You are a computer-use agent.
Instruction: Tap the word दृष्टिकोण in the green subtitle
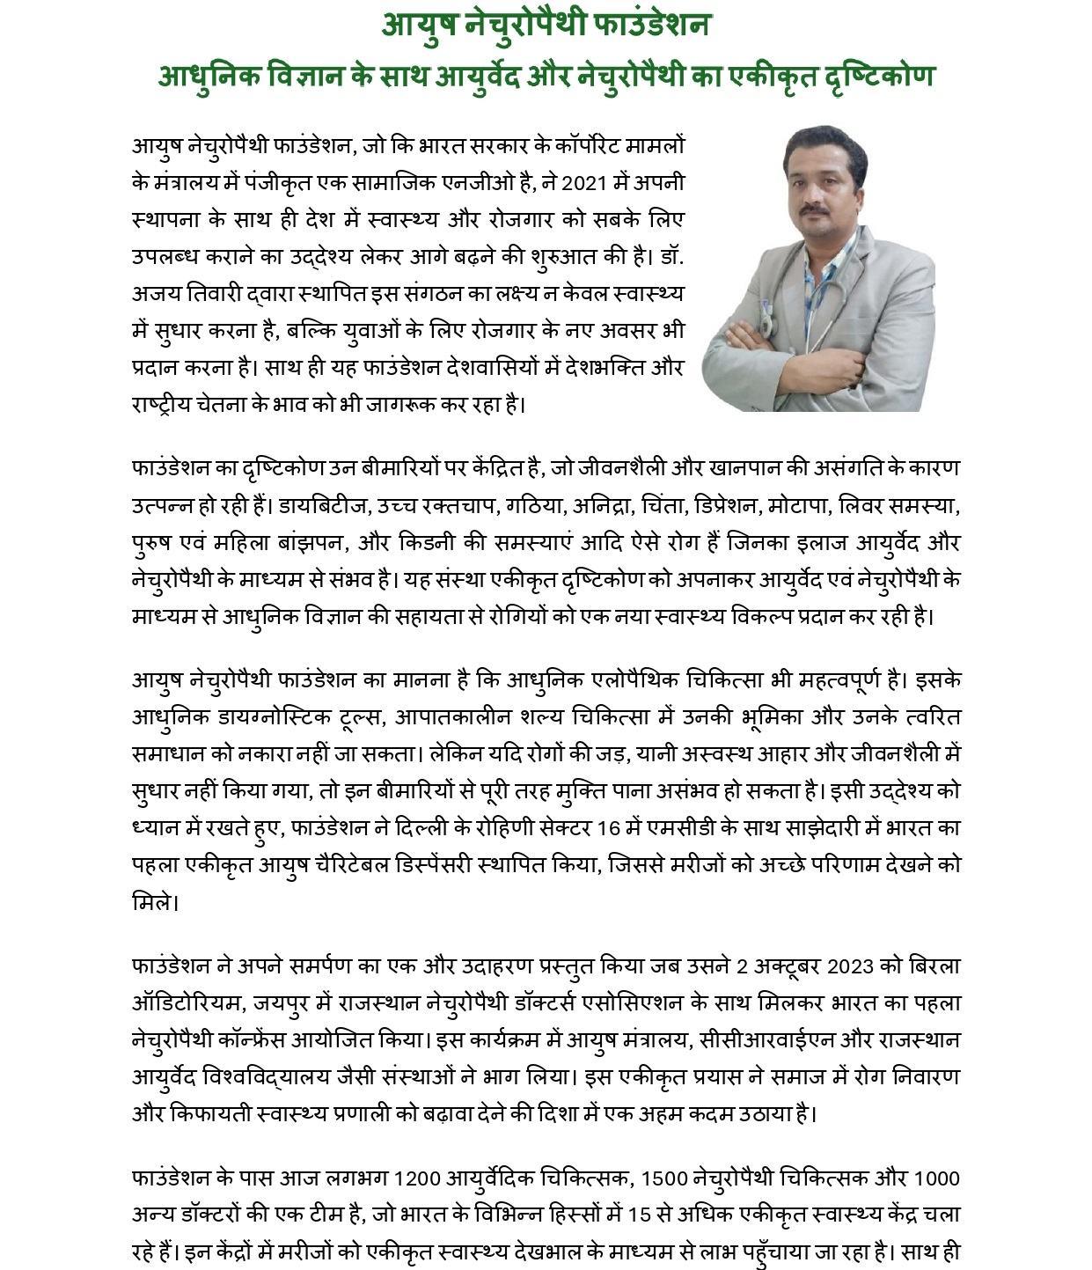click(872, 76)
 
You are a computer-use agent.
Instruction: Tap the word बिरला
click(934, 965)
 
